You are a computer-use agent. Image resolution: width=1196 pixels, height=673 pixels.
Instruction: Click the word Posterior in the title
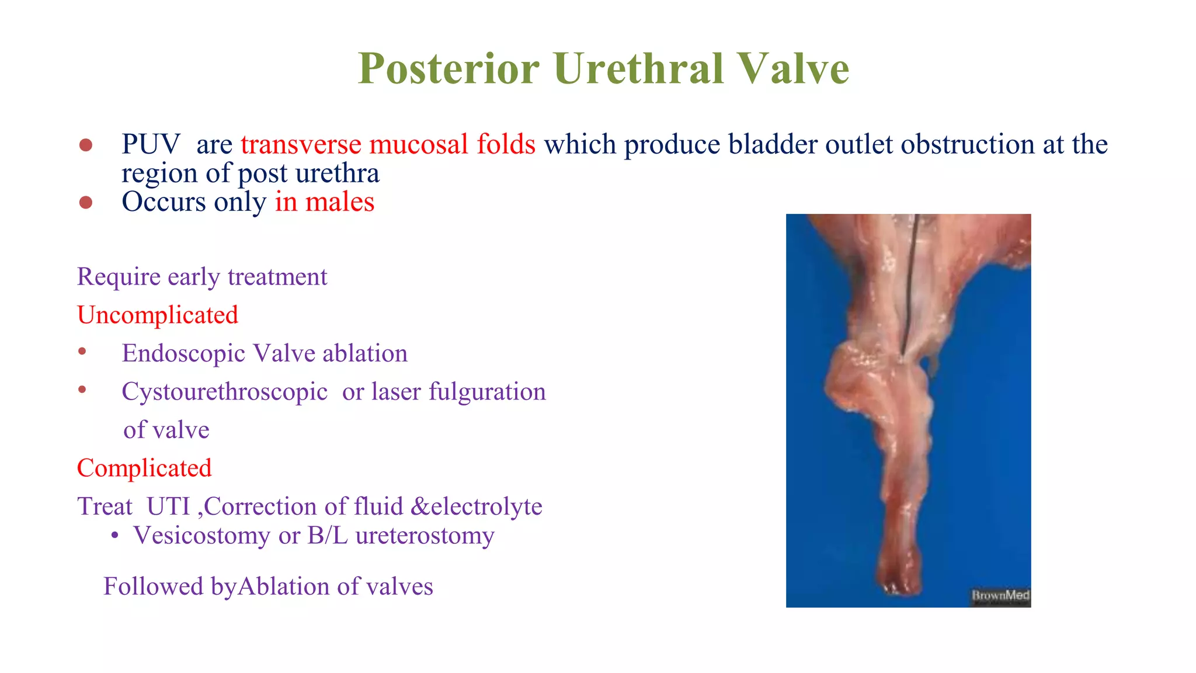[448, 69]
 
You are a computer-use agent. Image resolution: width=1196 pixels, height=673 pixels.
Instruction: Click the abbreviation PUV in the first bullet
[151, 144]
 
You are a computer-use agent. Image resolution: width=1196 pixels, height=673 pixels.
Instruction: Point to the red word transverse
[301, 144]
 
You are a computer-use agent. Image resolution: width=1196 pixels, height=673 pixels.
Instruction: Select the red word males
[339, 202]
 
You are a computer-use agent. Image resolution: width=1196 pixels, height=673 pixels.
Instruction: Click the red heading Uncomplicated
[158, 315]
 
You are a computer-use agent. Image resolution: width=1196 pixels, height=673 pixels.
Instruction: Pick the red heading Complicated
[144, 468]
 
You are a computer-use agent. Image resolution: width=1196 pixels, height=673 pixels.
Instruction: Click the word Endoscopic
[183, 353]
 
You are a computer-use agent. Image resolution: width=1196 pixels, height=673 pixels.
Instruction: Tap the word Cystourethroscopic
[224, 392]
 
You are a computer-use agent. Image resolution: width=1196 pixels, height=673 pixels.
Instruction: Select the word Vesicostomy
[201, 535]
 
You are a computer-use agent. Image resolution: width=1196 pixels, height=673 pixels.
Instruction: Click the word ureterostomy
[425, 535]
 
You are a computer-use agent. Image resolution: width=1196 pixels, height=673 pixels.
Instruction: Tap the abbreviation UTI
[168, 507]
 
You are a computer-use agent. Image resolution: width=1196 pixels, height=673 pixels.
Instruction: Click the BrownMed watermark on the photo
[1000, 595]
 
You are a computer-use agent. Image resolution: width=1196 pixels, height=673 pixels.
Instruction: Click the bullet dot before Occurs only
[86, 203]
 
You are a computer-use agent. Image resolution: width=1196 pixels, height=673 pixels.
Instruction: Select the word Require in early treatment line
[119, 277]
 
